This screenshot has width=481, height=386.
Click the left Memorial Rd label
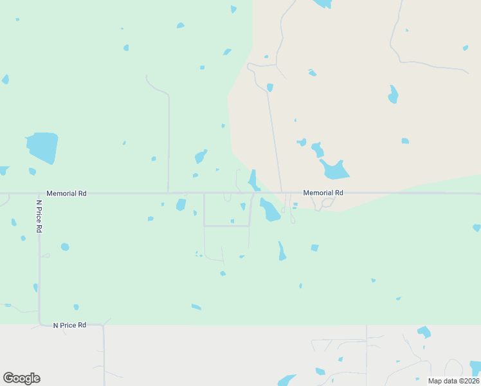[66, 193]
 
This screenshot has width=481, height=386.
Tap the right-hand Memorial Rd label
[323, 192]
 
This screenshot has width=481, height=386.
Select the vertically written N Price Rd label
[39, 216]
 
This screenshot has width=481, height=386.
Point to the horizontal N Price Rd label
[69, 326]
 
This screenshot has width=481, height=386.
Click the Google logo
[21, 378]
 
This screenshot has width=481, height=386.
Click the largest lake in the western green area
[42, 147]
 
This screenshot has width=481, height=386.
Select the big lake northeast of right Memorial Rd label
[335, 169]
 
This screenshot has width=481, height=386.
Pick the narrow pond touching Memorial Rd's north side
[253, 179]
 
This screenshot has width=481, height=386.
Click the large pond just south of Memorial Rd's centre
[270, 210]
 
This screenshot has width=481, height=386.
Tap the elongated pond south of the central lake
[282, 251]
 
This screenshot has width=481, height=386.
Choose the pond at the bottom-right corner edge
[475, 368]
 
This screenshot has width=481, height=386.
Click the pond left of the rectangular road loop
[181, 205]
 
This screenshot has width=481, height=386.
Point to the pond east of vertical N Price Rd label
[64, 247]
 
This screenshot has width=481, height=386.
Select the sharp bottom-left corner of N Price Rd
[40, 323]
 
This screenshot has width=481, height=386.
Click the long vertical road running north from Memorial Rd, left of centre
[168, 142]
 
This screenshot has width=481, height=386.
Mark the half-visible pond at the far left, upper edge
[5, 79]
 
